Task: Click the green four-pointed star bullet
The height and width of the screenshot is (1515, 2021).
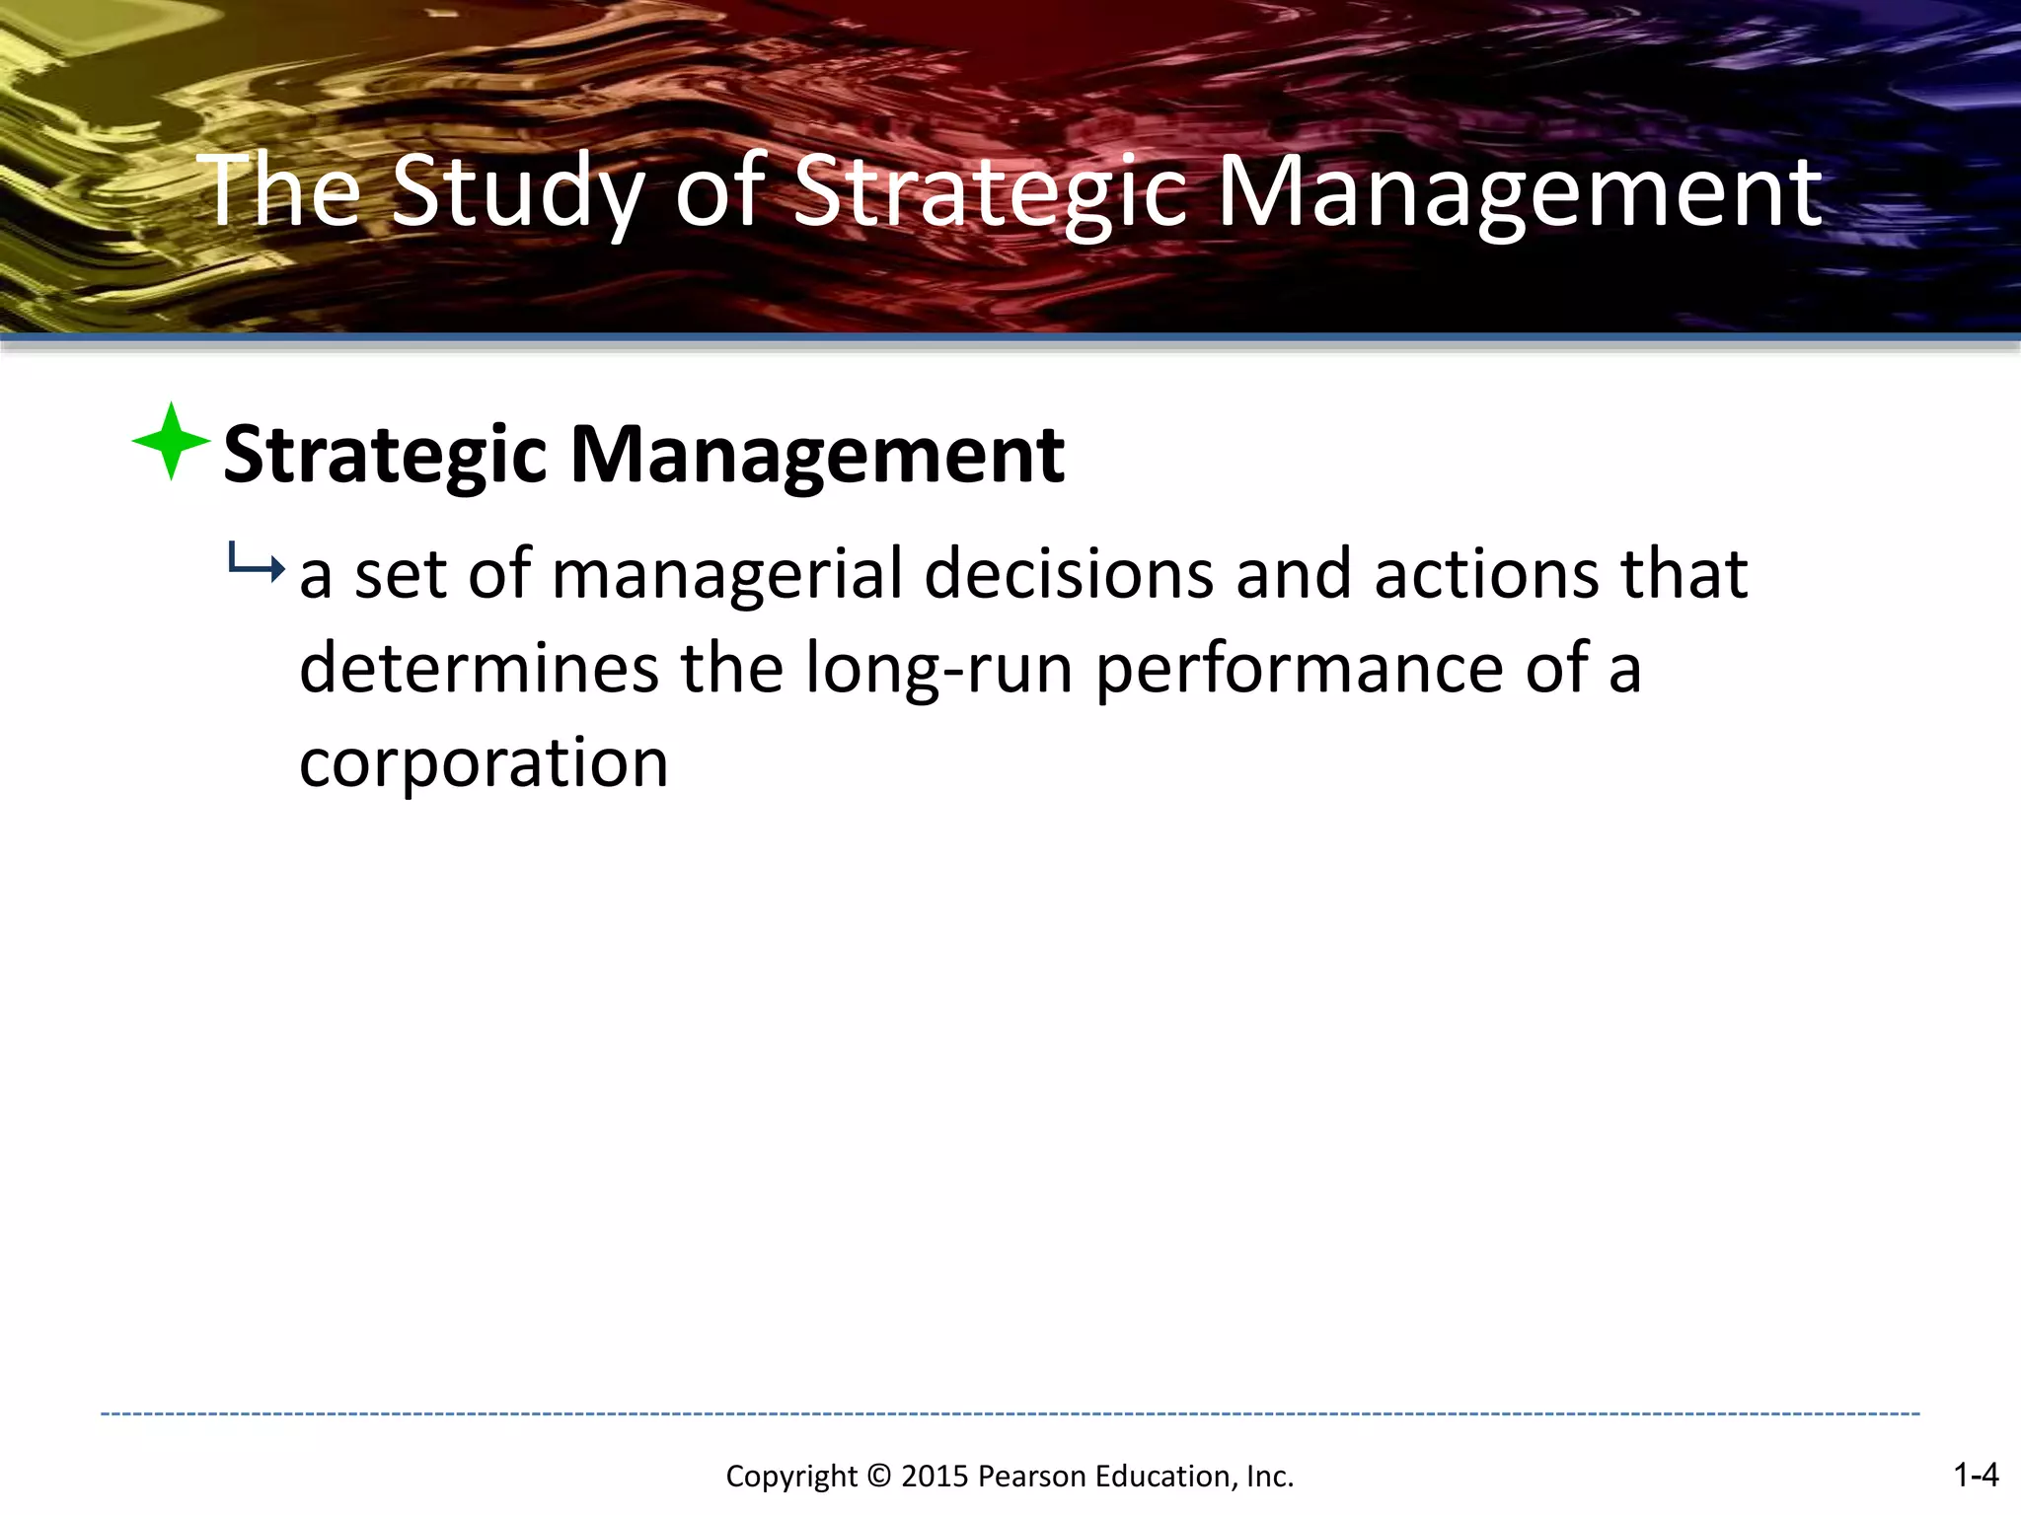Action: click(x=171, y=441)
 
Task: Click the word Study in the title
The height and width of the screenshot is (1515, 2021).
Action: click(x=518, y=192)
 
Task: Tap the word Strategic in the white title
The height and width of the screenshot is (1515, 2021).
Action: click(x=990, y=192)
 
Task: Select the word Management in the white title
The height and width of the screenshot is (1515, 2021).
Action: click(x=1519, y=192)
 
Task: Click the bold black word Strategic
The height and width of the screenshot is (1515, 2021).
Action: click(x=385, y=455)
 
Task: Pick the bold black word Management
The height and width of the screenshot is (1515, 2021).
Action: click(x=818, y=455)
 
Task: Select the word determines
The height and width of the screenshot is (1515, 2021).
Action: click(x=479, y=669)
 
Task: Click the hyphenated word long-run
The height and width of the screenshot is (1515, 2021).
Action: click(x=938, y=669)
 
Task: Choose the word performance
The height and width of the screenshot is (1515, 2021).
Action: click(x=1299, y=669)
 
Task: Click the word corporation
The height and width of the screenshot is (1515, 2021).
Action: click(x=484, y=762)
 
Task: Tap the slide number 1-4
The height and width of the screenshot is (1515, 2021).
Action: click(x=1976, y=1475)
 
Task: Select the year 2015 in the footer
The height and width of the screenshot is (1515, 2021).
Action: click(x=935, y=1477)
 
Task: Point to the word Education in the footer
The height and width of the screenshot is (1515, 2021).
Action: click(x=1164, y=1477)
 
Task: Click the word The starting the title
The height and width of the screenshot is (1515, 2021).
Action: click(x=281, y=192)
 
